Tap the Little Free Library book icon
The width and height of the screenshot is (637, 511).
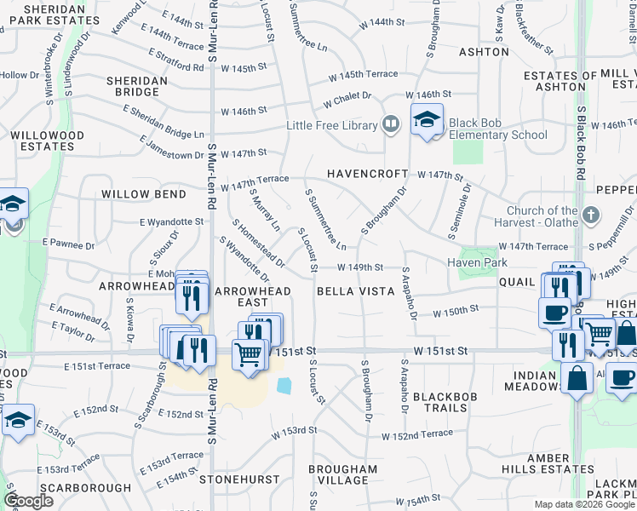[391, 125]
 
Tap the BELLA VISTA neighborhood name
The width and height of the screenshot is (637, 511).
[356, 291]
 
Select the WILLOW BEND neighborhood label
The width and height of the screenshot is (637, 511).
[144, 194]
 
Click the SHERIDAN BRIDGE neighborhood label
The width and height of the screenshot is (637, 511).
[136, 86]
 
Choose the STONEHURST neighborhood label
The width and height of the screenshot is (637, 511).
[239, 479]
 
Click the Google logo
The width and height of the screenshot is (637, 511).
[28, 501]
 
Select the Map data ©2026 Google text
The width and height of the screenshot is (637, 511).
[583, 504]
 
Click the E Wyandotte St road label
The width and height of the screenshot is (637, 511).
[173, 221]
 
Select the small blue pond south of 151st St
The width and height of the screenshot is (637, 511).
[284, 386]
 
